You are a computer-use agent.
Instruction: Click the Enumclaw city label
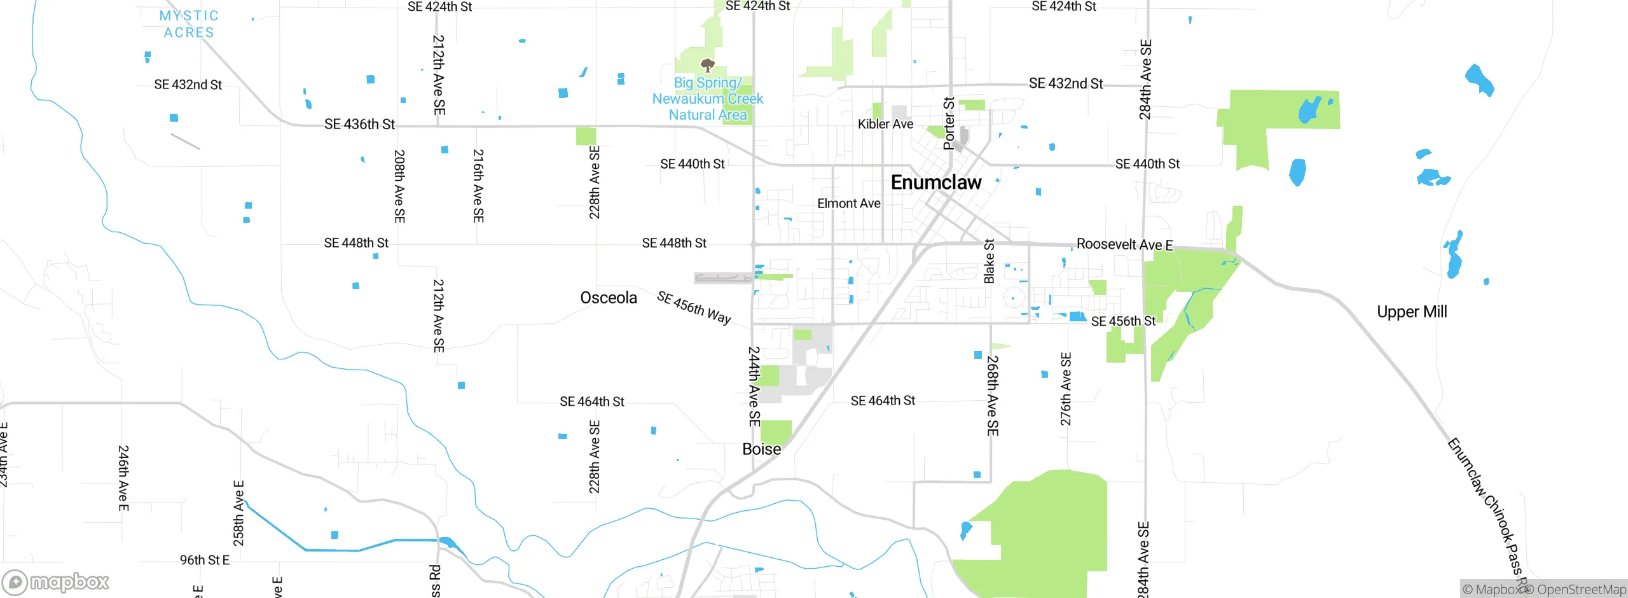[936, 183]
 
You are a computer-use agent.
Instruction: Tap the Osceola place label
[608, 298]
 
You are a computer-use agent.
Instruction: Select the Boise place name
[761, 449]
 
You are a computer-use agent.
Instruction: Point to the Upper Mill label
[1412, 312]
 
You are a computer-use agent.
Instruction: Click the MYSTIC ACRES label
[189, 24]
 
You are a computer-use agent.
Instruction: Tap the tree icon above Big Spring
[707, 65]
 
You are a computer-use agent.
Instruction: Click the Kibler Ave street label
[885, 124]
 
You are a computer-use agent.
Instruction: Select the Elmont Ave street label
[848, 204]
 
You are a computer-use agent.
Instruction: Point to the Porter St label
[949, 123]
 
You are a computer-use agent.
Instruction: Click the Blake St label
[989, 261]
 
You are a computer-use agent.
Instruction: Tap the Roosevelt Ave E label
[1124, 244]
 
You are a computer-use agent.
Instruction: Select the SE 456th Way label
[694, 307]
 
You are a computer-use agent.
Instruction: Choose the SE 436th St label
[359, 124]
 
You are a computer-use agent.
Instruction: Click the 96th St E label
[204, 560]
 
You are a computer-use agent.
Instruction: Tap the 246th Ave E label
[123, 478]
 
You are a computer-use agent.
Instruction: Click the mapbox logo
[56, 581]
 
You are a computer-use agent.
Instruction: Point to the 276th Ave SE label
[1066, 389]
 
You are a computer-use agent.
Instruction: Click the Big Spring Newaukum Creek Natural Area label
[707, 99]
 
